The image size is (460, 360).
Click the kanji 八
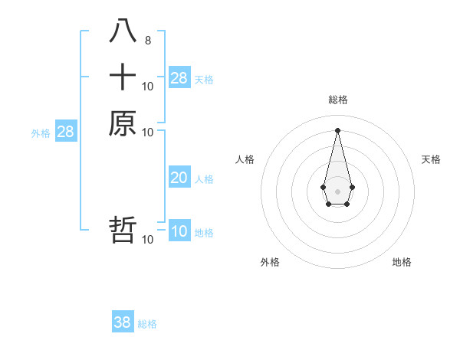click(123, 31)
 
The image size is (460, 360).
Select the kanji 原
click(123, 123)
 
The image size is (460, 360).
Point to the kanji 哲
click(123, 230)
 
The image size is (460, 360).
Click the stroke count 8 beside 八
click(148, 39)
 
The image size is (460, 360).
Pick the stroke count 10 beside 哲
click(148, 240)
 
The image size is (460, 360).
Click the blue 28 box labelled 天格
click(179, 77)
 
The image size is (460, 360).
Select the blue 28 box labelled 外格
click(65, 132)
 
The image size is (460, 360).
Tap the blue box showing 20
click(179, 178)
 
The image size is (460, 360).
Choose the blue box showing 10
click(179, 231)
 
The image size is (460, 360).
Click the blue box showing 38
click(123, 322)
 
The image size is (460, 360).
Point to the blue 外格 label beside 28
click(41, 133)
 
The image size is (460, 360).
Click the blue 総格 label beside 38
click(147, 323)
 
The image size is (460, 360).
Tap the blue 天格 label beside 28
click(204, 79)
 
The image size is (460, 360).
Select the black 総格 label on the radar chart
click(337, 100)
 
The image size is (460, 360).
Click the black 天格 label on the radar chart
click(431, 159)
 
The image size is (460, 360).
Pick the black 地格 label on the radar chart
click(402, 262)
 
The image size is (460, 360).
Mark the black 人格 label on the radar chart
click(245, 159)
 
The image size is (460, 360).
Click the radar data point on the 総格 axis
click(337, 129)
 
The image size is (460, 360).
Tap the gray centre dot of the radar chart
click(337, 191)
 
